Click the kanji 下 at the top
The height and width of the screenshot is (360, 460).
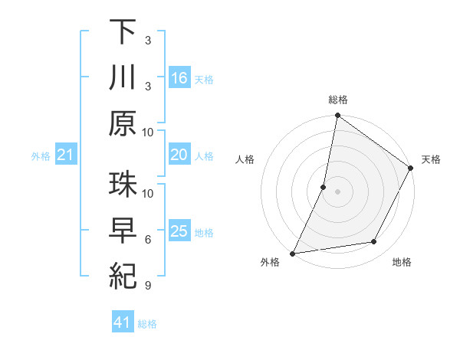(x=123, y=32)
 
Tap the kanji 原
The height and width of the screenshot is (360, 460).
(x=123, y=123)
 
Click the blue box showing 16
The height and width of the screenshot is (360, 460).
(x=179, y=78)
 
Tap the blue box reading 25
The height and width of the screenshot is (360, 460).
(x=179, y=232)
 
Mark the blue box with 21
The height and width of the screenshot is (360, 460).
(x=66, y=155)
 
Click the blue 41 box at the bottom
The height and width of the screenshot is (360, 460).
(x=123, y=323)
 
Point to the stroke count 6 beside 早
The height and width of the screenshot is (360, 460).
(x=148, y=240)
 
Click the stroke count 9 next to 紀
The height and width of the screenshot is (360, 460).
(x=148, y=286)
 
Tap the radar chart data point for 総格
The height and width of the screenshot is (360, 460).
(x=337, y=116)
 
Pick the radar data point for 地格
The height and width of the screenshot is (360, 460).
(x=374, y=242)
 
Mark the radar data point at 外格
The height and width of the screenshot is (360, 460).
(x=293, y=254)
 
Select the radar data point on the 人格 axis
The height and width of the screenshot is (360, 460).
(x=324, y=187)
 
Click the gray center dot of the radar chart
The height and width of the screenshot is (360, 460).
(x=337, y=191)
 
